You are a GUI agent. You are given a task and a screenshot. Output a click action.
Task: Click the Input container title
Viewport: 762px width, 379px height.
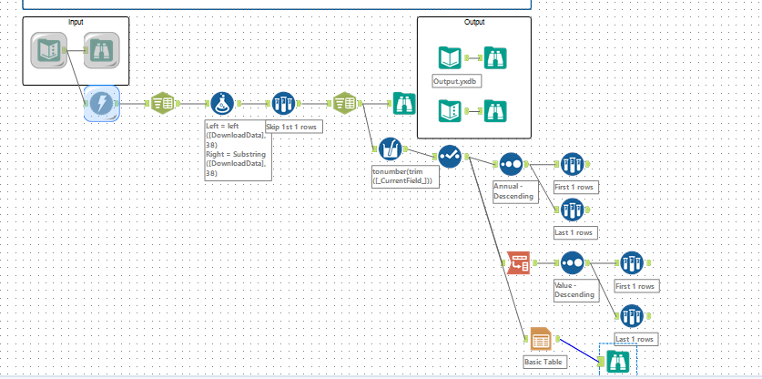click(x=75, y=21)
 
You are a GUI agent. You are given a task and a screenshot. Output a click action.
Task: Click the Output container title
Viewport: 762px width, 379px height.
click(x=473, y=22)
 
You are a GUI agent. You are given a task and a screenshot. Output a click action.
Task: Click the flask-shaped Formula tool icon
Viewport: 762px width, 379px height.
click(x=222, y=104)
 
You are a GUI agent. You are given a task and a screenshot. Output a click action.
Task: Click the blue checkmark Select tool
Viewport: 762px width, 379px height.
click(x=451, y=156)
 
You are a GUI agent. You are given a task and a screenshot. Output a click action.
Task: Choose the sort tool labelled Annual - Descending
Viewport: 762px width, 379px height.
click(x=511, y=165)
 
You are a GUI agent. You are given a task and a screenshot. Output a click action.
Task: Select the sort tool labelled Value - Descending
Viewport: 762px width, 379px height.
click(x=572, y=262)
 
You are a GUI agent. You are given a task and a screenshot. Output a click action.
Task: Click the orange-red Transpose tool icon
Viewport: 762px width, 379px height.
click(x=519, y=262)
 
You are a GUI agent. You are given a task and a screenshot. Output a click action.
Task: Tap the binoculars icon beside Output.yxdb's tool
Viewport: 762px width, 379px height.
click(x=495, y=59)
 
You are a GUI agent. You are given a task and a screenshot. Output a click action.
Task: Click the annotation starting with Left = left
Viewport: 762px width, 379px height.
click(x=238, y=149)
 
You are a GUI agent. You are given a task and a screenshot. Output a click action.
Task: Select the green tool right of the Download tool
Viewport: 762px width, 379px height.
click(x=162, y=104)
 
